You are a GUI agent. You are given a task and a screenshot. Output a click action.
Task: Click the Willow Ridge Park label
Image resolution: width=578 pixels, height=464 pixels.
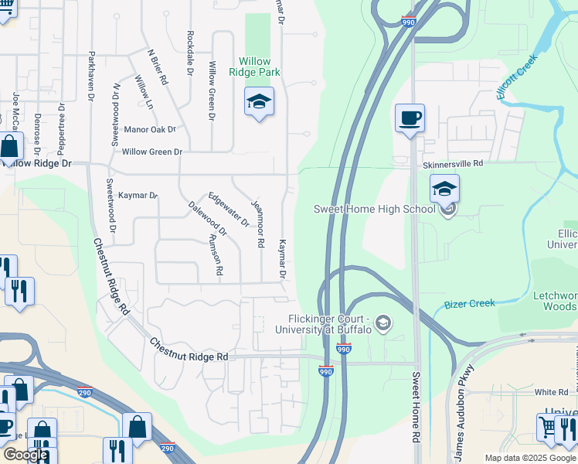pyautogui.click(x=259, y=67)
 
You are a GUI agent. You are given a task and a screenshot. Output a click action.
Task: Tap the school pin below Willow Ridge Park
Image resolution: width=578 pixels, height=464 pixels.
pyautogui.click(x=259, y=102)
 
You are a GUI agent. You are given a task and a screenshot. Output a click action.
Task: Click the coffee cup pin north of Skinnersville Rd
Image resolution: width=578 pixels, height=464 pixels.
pyautogui.click(x=410, y=119)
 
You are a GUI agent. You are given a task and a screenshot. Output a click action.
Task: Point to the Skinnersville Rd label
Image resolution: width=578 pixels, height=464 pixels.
pyautogui.click(x=452, y=164)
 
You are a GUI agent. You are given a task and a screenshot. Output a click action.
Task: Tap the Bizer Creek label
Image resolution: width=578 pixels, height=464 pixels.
pyautogui.click(x=470, y=304)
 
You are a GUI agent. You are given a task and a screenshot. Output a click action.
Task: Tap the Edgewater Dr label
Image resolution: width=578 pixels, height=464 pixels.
pyautogui.click(x=228, y=209)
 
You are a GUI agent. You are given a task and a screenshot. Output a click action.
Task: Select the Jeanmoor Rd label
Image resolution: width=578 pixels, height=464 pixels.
pyautogui.click(x=257, y=224)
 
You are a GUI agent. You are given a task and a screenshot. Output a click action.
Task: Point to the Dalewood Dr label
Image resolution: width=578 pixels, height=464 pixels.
pyautogui.click(x=208, y=218)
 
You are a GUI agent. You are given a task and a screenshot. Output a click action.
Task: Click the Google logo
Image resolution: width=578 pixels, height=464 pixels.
pyautogui.click(x=26, y=455)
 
